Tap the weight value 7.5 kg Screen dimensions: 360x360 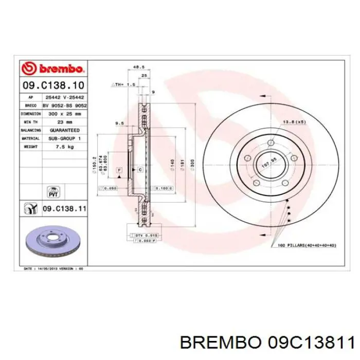pyautogui.click(x=64, y=147)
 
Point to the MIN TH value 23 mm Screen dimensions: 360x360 pyautogui.click(x=64, y=122)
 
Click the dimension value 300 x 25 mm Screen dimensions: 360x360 pyautogui.click(x=64, y=114)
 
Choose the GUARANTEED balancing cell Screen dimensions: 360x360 pyautogui.click(x=64, y=130)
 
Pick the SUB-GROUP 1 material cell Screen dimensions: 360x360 pyautogui.click(x=64, y=138)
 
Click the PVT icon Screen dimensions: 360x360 pyautogui.click(x=52, y=192)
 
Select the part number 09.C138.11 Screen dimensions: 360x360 pyautogui.click(x=64, y=209)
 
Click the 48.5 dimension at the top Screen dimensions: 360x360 pyautogui.click(x=138, y=67)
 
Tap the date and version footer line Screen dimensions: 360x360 pyautogui.click(x=53, y=269)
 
